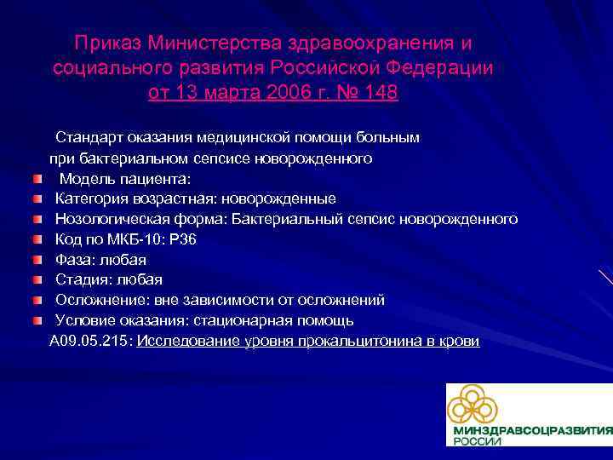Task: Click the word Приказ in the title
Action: [x=108, y=43]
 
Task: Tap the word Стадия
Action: [x=83, y=280]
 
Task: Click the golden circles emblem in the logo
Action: [x=472, y=405]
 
